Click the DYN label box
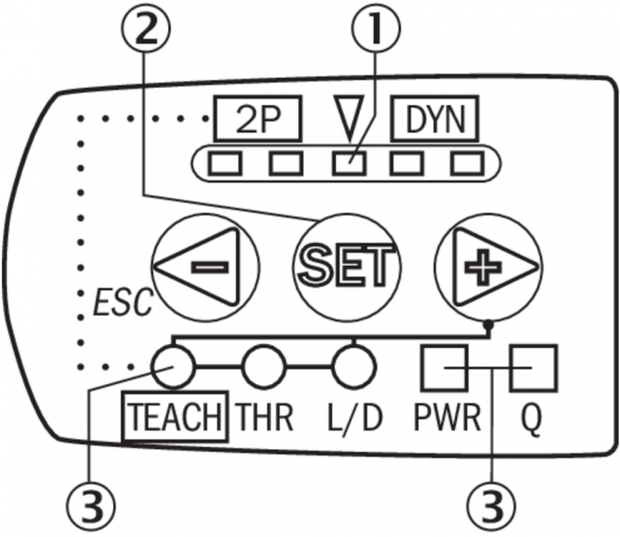[435, 118]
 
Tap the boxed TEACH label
[174, 418]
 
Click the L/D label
[352, 418]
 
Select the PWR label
[445, 418]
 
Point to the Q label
[531, 418]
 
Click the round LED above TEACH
[173, 366]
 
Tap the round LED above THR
[263, 366]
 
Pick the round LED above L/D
[352, 366]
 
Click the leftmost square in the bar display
[224, 164]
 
